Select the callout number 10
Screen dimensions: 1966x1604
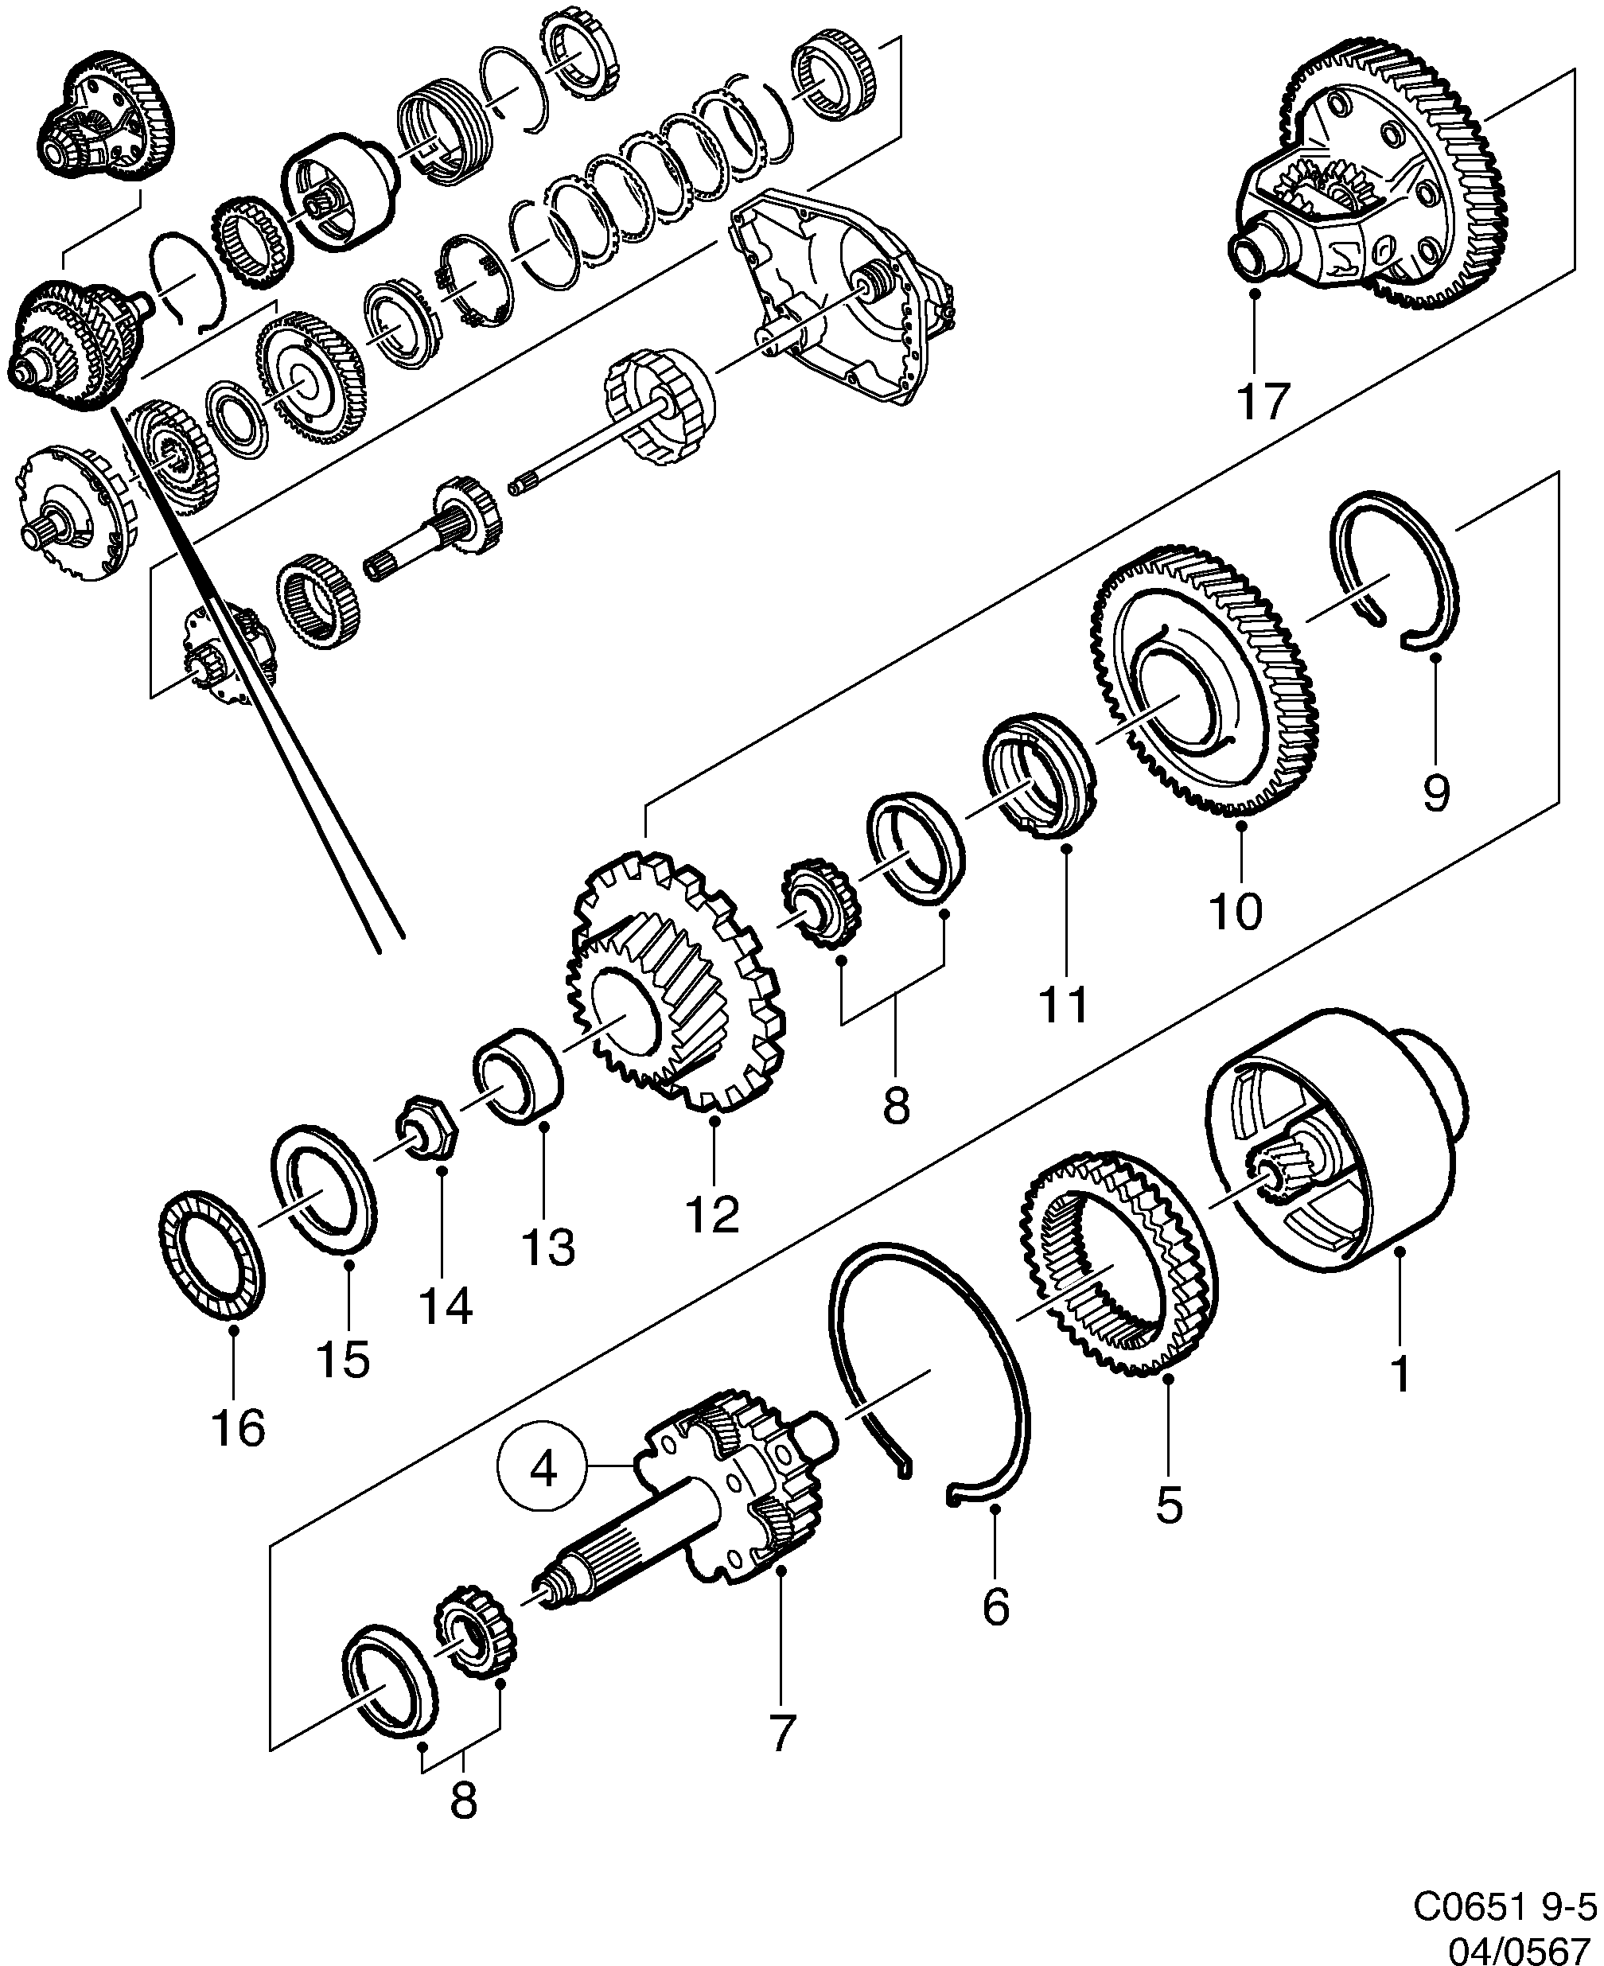coord(1236,912)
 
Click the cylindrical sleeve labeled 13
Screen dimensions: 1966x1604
coord(518,1076)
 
